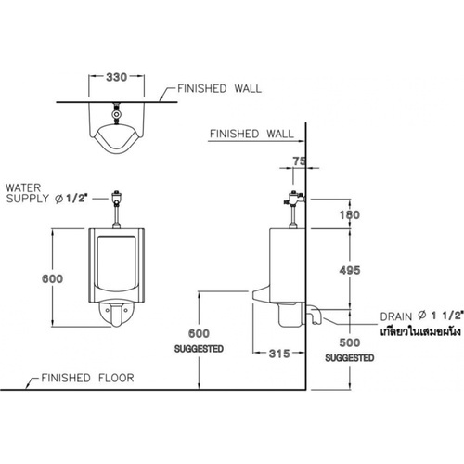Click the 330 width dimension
116,77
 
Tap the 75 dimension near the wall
299,161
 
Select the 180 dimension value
350,214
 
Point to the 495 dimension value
350,270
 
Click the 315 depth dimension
279,354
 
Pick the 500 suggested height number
350,342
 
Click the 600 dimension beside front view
52,278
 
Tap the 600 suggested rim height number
199,333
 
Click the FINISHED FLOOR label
87,378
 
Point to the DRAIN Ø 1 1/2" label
422,316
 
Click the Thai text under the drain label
420,331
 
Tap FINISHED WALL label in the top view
219,89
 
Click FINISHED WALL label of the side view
251,134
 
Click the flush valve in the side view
294,200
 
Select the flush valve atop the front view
117,198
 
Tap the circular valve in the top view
116,114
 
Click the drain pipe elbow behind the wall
314,314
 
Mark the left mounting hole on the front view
108,310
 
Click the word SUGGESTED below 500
350,358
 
